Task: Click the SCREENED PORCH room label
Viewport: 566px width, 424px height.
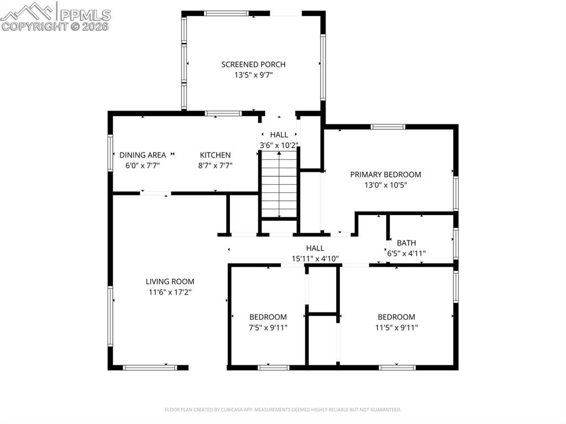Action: (253, 65)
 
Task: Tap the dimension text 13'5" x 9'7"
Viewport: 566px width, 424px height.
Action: (253, 75)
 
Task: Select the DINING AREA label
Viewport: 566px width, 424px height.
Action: (143, 155)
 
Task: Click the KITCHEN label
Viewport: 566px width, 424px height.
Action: (215, 155)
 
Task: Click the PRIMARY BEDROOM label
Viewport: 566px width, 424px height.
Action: (385, 175)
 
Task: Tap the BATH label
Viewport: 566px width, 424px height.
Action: (406, 243)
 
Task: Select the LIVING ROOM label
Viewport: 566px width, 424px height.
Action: (170, 282)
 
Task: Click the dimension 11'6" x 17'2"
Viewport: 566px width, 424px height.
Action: (170, 292)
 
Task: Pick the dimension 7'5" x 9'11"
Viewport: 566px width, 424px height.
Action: (268, 328)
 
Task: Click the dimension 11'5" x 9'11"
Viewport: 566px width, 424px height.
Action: (396, 328)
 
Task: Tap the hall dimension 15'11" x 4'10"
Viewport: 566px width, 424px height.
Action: (315, 259)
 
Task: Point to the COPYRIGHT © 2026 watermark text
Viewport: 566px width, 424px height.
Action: (55, 26)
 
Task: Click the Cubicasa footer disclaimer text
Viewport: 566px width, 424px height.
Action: (283, 410)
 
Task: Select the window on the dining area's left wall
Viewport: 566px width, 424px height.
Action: (110, 153)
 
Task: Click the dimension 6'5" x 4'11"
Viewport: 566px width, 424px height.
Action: (406, 254)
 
